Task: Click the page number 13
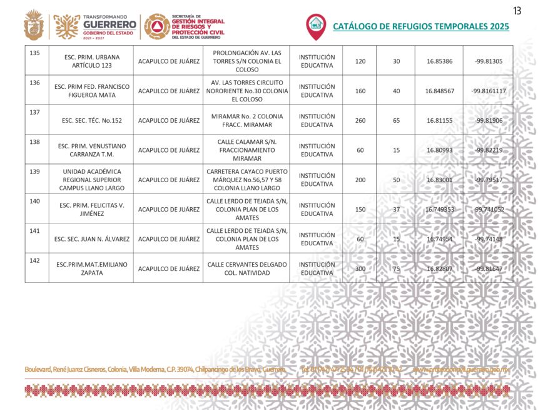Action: [517, 10]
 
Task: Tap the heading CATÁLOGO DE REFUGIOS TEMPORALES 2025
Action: [420, 26]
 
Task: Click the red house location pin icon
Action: [316, 25]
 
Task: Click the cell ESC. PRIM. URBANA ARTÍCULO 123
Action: [91, 61]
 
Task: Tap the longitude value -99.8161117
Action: [489, 91]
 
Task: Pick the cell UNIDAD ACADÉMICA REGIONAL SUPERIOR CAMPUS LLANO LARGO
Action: [91, 180]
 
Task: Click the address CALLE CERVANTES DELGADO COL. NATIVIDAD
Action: [246, 269]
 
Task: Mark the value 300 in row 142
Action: [360, 269]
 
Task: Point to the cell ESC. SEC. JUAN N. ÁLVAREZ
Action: [91, 239]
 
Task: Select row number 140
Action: [35, 201]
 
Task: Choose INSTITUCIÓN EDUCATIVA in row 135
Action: [317, 61]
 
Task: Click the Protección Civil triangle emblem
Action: [156, 26]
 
